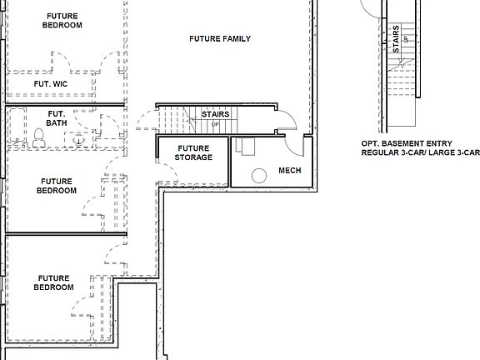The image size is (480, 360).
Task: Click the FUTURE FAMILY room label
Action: pyautogui.click(x=220, y=39)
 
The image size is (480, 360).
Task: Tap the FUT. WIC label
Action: pyautogui.click(x=50, y=84)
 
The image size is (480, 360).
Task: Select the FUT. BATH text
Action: pyautogui.click(x=57, y=118)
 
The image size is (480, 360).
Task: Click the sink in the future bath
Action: pyautogui.click(x=78, y=141)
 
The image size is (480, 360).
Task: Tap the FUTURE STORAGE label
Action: pyautogui.click(x=193, y=152)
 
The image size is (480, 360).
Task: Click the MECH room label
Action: pyautogui.click(x=289, y=171)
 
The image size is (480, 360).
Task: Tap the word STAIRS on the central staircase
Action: pyautogui.click(x=215, y=115)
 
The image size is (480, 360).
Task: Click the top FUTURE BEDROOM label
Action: pyautogui.click(x=63, y=21)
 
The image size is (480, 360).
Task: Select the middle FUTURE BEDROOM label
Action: pyautogui.click(x=57, y=186)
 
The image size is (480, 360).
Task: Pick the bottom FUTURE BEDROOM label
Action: pyautogui.click(x=54, y=282)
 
